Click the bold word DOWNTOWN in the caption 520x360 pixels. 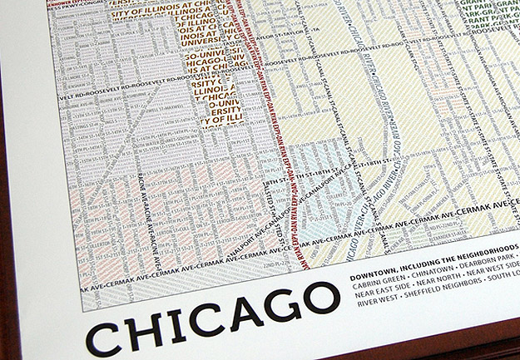point(374,272)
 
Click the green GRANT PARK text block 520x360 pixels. point(495,21)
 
